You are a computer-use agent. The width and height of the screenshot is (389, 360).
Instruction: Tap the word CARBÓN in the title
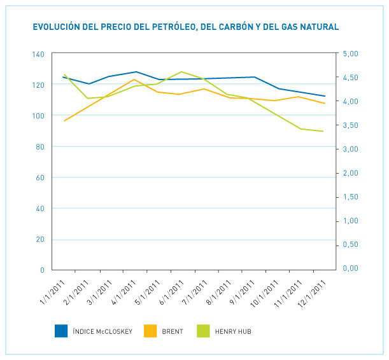pos(247,27)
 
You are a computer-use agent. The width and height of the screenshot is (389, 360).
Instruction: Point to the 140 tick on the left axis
pos(38,54)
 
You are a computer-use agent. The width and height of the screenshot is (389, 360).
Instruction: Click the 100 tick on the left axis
pos(38,116)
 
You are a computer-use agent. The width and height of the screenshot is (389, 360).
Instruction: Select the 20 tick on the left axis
pos(40,240)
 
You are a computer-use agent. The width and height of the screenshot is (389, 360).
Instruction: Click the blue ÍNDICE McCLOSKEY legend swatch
pos(61,331)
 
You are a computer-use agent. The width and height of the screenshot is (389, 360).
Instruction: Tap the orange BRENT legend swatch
pos(150,331)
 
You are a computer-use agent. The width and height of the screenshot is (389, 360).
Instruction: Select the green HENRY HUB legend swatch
pos(203,331)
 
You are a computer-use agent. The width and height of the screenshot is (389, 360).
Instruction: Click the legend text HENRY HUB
pos(234,331)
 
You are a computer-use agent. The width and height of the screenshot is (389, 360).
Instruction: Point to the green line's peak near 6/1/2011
pos(182,72)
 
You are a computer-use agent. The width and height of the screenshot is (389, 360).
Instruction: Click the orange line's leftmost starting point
pos(64,120)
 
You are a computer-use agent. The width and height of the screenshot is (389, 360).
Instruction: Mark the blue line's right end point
pos(325,96)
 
